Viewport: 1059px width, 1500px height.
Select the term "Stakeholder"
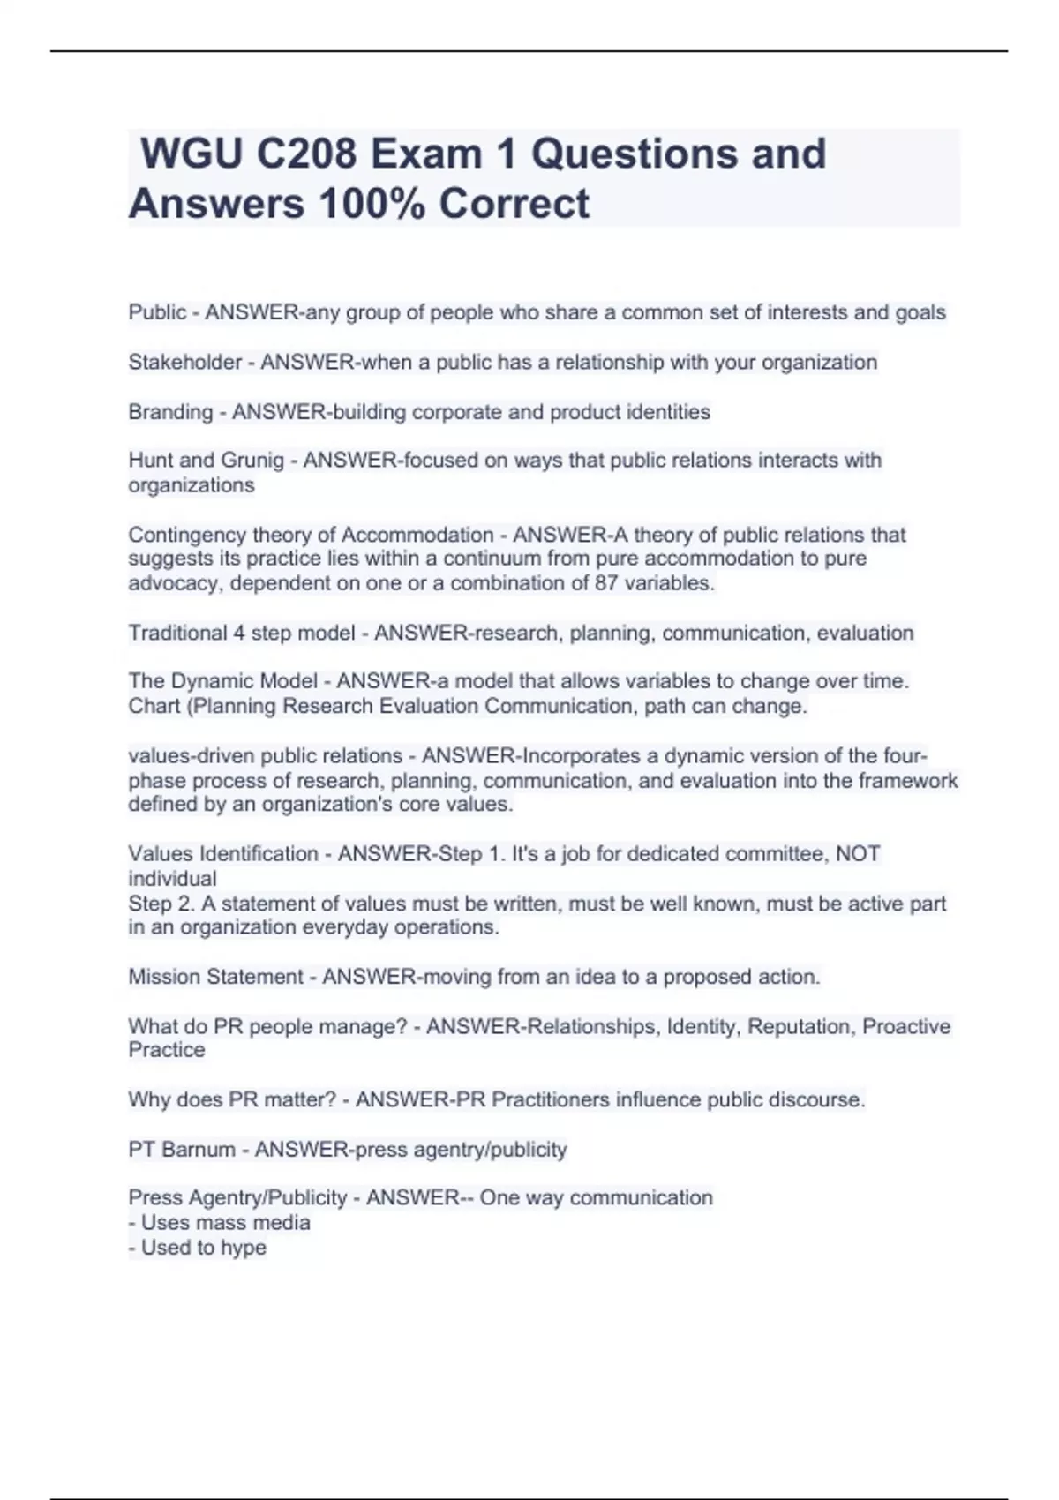(x=185, y=362)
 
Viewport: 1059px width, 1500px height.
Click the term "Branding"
(x=170, y=412)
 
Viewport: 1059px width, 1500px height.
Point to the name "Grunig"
(x=252, y=460)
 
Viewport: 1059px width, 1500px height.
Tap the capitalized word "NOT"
(x=858, y=853)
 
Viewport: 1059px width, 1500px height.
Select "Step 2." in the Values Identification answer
(x=160, y=904)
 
